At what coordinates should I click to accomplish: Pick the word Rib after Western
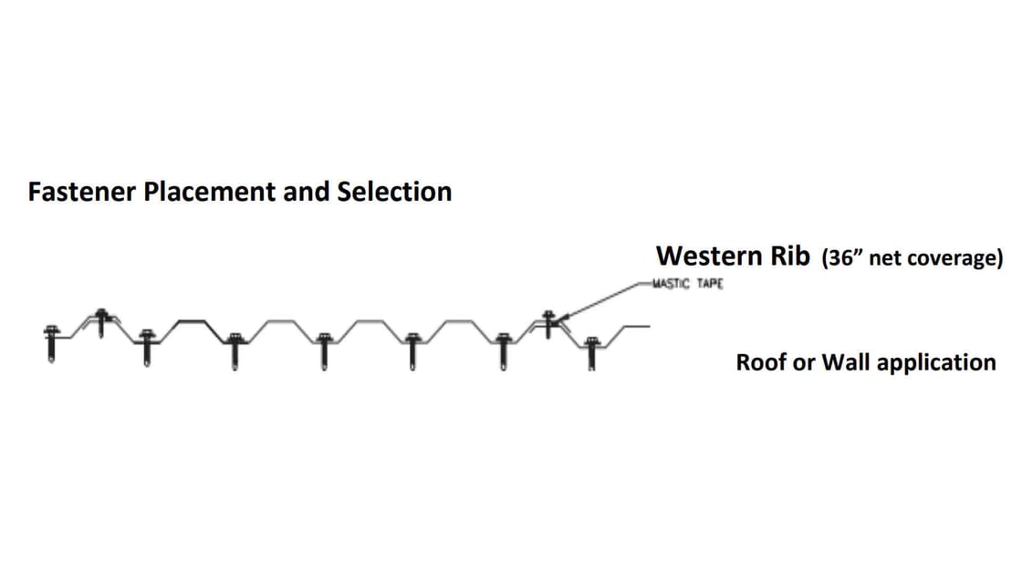click(788, 256)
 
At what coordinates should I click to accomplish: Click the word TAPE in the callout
click(711, 284)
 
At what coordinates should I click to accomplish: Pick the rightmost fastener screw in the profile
click(591, 351)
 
